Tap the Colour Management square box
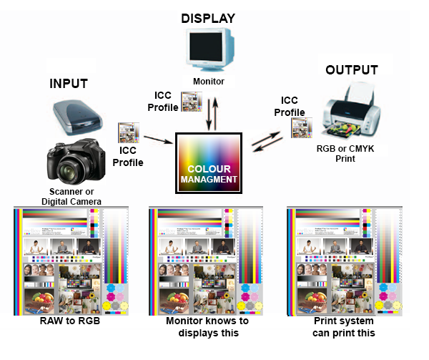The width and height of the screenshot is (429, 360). pos(209,163)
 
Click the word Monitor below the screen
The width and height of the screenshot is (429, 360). pos(208,82)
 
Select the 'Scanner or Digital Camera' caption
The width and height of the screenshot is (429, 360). pos(75,197)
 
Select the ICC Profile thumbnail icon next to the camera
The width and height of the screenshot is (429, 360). pos(127,134)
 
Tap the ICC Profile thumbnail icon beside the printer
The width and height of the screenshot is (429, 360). pos(300,127)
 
